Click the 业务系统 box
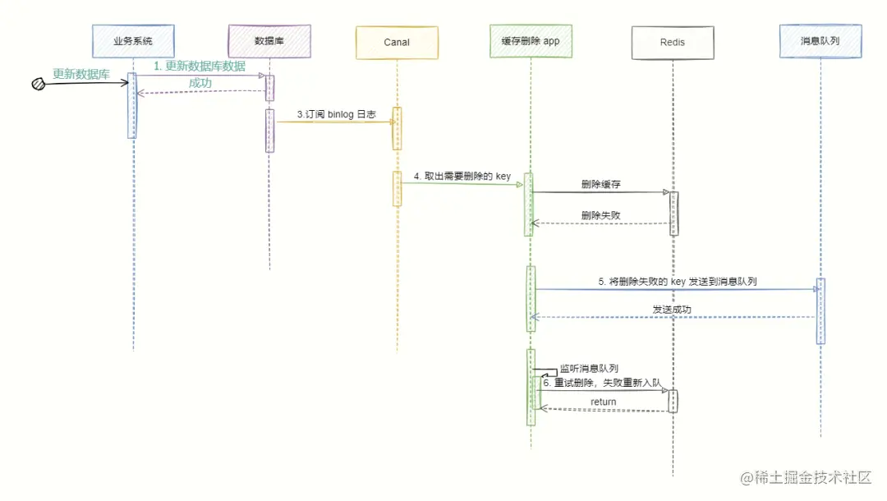pos(133,40)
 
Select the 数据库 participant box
pos(269,40)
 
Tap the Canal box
pos(396,42)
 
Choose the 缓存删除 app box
pos(531,40)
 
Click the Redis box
pos(672,42)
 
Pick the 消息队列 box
pos(820,40)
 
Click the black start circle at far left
pos(38,83)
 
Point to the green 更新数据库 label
pos(81,74)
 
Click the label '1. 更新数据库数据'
pos(200,66)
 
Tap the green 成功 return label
pos(200,83)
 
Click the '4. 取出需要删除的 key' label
pos(462,176)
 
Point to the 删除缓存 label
pos(600,185)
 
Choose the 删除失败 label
pos(600,215)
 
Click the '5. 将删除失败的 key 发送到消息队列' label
pos(677,281)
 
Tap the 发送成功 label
pos(672,310)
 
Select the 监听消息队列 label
pos(589,369)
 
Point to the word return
pos(603,402)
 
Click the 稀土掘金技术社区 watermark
pos(807,477)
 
